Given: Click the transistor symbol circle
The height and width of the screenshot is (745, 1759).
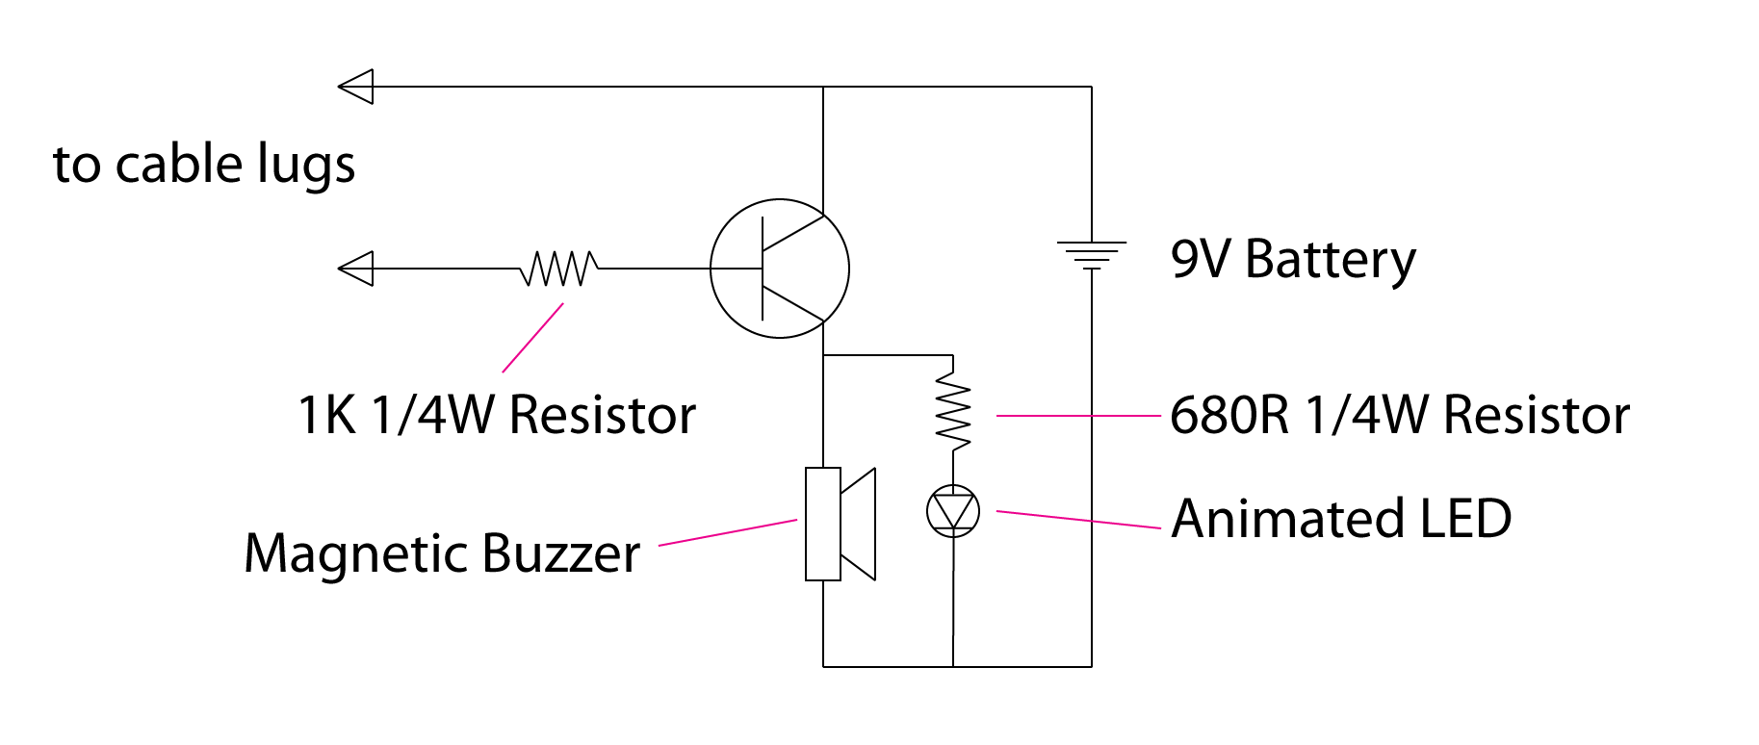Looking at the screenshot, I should point(779,269).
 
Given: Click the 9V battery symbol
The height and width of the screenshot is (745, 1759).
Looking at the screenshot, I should point(1091,255).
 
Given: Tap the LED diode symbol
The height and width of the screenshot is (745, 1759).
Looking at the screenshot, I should point(953,511).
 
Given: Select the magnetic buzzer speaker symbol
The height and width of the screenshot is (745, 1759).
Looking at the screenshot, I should point(840,524).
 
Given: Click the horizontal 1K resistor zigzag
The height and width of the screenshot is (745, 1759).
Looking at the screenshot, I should point(558,269).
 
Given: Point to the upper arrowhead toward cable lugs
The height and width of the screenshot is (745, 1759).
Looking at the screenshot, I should point(356,87).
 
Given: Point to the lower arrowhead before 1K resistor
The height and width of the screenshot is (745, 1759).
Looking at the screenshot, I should point(356,269).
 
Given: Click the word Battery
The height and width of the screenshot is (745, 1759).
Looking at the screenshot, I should point(1330,260).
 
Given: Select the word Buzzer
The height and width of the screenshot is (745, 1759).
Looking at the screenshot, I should point(560,554).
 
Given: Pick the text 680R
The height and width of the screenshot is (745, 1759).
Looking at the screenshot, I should point(1229,416).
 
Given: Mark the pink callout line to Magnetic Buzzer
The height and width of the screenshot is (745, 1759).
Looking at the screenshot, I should point(728,533).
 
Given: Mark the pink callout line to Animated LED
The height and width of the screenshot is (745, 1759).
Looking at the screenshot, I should point(1078,520).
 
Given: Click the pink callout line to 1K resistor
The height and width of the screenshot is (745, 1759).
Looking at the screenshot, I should point(532,338).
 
